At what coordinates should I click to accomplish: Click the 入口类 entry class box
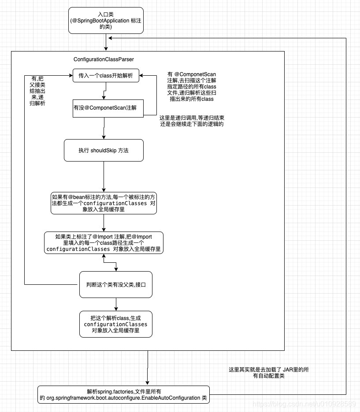(x=106, y=20)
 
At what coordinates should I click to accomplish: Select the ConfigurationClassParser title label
(x=104, y=59)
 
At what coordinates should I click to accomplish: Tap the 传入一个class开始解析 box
(x=106, y=75)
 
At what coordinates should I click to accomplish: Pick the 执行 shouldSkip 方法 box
(x=104, y=150)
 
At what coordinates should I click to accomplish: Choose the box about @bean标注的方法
(x=104, y=203)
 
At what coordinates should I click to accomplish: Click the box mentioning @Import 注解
(x=104, y=243)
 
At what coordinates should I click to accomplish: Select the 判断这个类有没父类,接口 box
(x=116, y=284)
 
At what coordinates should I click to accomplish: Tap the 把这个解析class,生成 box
(x=116, y=324)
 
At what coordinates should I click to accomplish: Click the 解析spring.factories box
(x=123, y=394)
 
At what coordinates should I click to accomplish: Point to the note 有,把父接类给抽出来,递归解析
(x=38, y=91)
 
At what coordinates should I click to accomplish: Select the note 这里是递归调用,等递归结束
(x=192, y=121)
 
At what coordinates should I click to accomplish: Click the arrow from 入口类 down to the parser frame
(x=106, y=43)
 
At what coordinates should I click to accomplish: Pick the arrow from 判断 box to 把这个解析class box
(x=116, y=304)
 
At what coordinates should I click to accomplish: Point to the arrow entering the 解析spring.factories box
(x=148, y=370)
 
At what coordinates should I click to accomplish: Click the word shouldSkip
(x=104, y=150)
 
